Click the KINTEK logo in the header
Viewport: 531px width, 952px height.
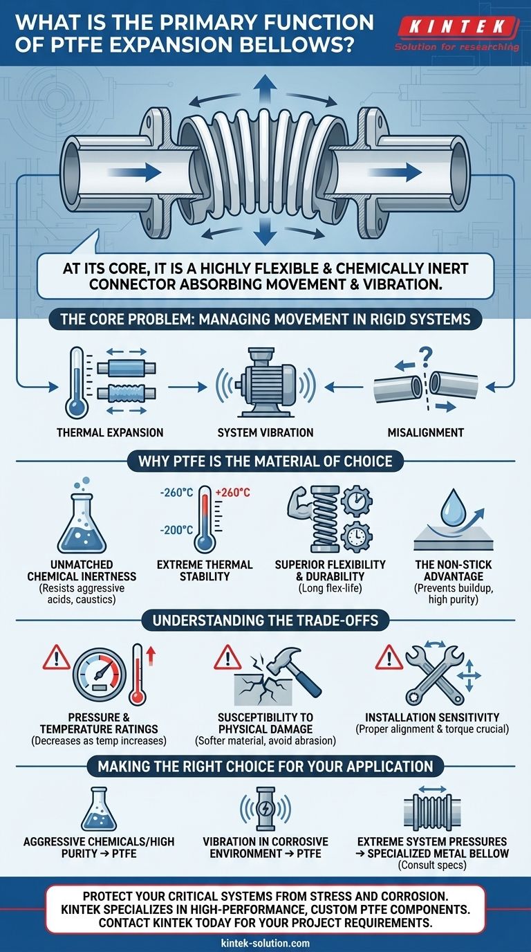click(x=457, y=27)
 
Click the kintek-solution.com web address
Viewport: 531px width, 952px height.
click(x=265, y=942)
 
